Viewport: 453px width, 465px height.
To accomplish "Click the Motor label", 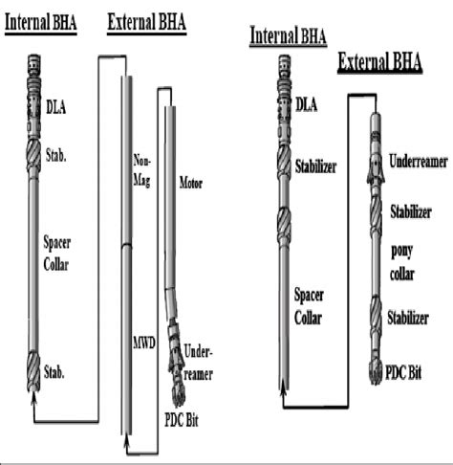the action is tap(191, 183).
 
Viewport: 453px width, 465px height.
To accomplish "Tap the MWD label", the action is tap(144, 343).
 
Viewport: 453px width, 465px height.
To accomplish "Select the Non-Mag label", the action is tap(141, 170).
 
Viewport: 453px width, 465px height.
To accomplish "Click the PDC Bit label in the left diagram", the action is tap(182, 420).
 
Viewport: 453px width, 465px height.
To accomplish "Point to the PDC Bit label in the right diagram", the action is tap(403, 372).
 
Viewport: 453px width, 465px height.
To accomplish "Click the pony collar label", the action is tap(402, 262).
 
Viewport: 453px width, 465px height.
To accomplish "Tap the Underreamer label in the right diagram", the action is tap(419, 162).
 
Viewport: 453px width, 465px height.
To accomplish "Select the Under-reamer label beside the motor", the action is tap(198, 364).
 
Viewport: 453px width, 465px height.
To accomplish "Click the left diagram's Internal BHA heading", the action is tap(41, 23).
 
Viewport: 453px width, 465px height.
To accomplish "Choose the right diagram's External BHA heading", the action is tap(379, 61).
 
